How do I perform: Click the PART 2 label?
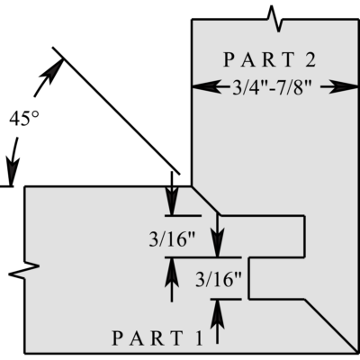coord(269,59)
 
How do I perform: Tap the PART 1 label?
coord(157,338)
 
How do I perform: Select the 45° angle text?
coord(24,119)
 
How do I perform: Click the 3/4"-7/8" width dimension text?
coord(271,88)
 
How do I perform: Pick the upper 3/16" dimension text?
coord(172,239)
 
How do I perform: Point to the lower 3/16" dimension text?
coord(219,279)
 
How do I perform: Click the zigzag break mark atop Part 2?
coord(275,19)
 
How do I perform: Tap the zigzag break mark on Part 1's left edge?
coord(24,270)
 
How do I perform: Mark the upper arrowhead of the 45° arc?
coord(55,71)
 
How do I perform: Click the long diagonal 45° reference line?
coord(116,111)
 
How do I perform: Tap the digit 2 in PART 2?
coord(310,59)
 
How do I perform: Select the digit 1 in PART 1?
coord(199,338)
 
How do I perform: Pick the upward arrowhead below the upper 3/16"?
coord(172,273)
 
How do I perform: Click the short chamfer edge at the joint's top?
coord(206,201)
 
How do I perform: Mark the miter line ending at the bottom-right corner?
coord(331,327)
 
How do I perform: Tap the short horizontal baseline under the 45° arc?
coord(6,186)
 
